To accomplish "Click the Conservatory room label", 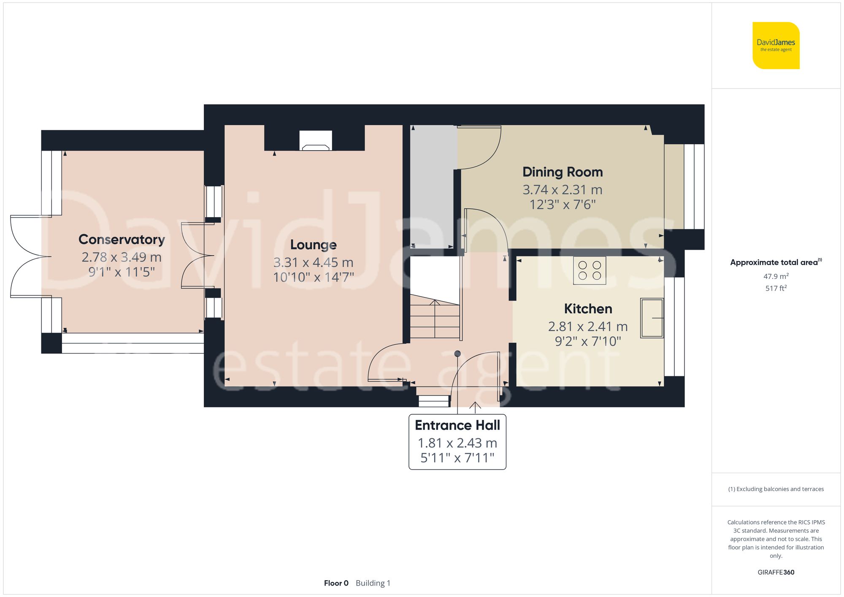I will tap(122, 239).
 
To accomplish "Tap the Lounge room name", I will tap(313, 245).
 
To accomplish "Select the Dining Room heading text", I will tap(562, 172).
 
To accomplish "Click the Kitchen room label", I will tap(588, 309).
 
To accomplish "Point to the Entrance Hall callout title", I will tap(457, 425).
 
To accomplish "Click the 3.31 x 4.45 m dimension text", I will tap(313, 262).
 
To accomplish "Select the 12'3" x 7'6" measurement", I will tap(562, 205).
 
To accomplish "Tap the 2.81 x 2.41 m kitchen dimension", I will tap(588, 327).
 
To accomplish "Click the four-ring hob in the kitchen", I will tap(590, 270).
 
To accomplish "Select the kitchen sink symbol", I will tap(652, 318).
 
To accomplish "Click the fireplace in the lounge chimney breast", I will tap(316, 141).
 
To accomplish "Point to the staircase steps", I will tap(435, 321).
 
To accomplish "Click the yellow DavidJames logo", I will tap(776, 46).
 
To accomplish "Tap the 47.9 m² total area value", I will tap(776, 276).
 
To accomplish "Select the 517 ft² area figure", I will tap(776, 288).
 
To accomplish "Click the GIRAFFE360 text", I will tap(776, 573).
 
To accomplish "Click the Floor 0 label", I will tap(336, 583).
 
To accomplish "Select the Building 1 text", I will tap(373, 583).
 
